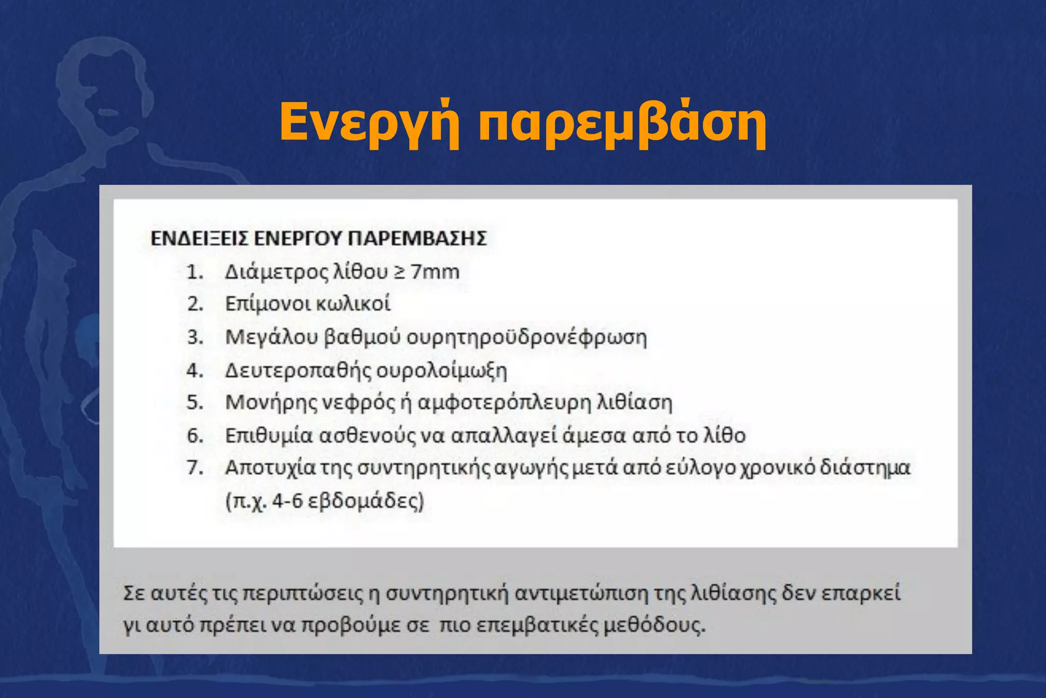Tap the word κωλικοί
pos(353,304)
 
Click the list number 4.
pos(195,370)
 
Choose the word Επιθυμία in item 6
pos(269,435)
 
